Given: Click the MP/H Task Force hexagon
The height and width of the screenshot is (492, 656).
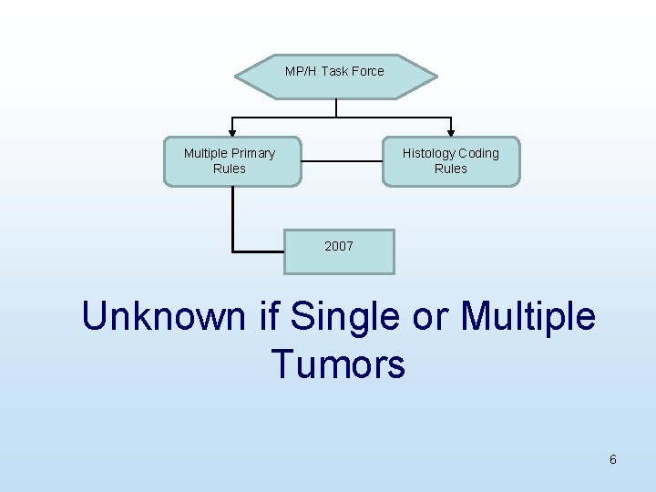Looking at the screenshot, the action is tap(335, 77).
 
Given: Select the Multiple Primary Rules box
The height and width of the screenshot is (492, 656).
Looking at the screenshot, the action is tap(231, 161).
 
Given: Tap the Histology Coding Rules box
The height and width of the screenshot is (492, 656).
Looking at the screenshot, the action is tap(450, 161).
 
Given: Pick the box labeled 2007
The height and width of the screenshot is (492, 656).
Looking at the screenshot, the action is tap(339, 251).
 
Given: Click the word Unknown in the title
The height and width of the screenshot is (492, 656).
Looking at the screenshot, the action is tap(165, 317).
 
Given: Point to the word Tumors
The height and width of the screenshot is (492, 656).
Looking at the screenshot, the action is tap(338, 364).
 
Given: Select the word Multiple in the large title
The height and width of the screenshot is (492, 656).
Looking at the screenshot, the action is tap(528, 317).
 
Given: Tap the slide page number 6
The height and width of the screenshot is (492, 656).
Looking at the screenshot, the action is tap(613, 459).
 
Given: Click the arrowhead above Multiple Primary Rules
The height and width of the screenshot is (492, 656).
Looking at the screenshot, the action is tap(231, 133).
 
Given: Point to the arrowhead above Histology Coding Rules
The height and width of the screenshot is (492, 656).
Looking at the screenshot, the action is tap(450, 133).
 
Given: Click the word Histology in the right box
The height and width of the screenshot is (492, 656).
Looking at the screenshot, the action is tap(428, 153).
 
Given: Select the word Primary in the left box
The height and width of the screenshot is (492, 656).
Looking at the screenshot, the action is tap(253, 153).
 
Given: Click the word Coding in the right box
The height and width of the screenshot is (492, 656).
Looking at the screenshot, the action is tap(478, 153).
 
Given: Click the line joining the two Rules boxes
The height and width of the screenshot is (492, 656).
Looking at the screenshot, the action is tap(341, 160).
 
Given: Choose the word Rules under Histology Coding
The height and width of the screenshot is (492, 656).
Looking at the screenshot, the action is tap(450, 169).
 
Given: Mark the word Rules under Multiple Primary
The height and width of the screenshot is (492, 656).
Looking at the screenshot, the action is tap(229, 169).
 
